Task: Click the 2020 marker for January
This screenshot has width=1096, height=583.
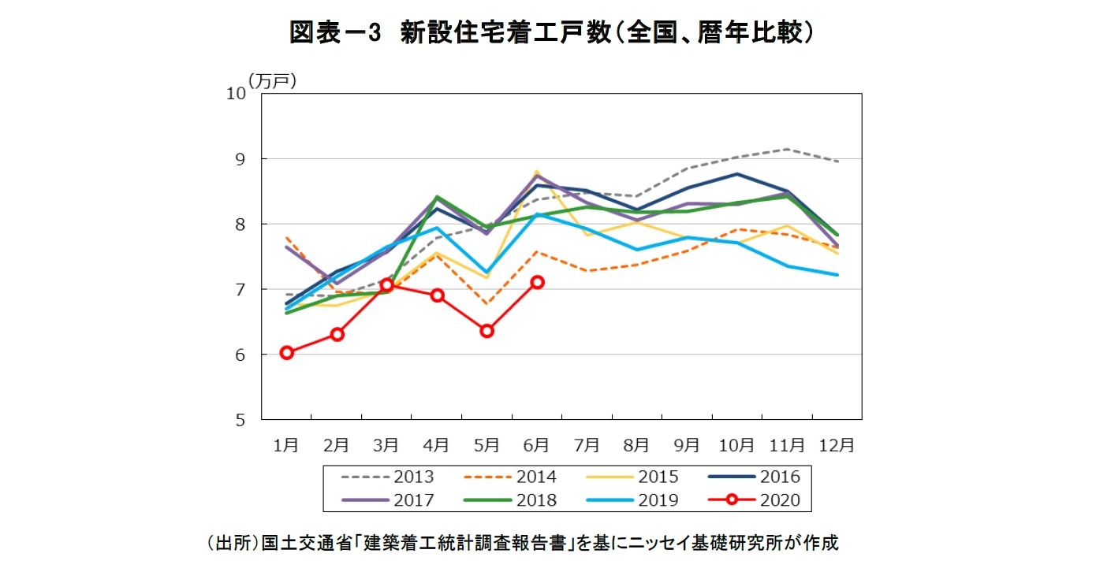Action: click(x=287, y=352)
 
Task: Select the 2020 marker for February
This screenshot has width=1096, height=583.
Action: click(x=337, y=334)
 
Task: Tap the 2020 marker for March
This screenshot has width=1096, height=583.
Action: click(x=386, y=284)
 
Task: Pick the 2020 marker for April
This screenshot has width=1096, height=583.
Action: click(x=437, y=295)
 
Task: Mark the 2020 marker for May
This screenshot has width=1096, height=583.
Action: click(x=486, y=331)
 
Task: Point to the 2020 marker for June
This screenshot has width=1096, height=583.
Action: click(x=537, y=282)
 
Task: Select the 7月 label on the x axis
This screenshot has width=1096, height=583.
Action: click(x=586, y=445)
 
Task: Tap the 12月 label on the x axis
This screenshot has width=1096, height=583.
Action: click(x=836, y=445)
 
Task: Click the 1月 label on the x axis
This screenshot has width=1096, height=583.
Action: click(x=286, y=445)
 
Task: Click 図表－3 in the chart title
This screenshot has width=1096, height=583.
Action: click(x=335, y=32)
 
